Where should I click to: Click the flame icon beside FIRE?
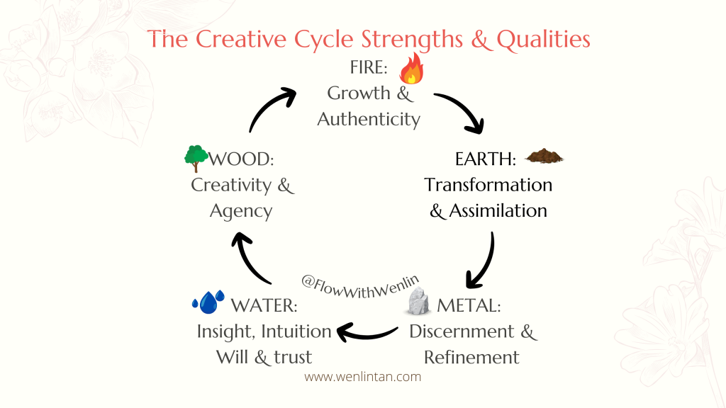pyautogui.click(x=412, y=69)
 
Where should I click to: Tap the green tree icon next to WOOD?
pyautogui.click(x=196, y=158)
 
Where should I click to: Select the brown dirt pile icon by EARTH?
pyautogui.click(x=544, y=156)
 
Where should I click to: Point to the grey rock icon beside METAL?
pyautogui.click(x=418, y=300)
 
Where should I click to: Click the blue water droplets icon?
pyautogui.click(x=208, y=302)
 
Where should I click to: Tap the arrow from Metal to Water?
pyautogui.click(x=366, y=335)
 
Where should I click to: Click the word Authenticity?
pyautogui.click(x=369, y=119)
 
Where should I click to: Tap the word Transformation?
pyautogui.click(x=488, y=185)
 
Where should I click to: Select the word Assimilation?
pyautogui.click(x=498, y=211)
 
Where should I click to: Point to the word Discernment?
pyautogui.click(x=462, y=331)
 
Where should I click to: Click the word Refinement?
pyautogui.click(x=471, y=358)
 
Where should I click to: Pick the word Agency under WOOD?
pyautogui.click(x=241, y=212)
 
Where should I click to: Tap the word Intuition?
pyautogui.click(x=296, y=331)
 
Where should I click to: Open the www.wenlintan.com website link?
pyautogui.click(x=362, y=377)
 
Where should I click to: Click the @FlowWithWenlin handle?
pyautogui.click(x=360, y=286)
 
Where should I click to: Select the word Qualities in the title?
pyautogui.click(x=544, y=40)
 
